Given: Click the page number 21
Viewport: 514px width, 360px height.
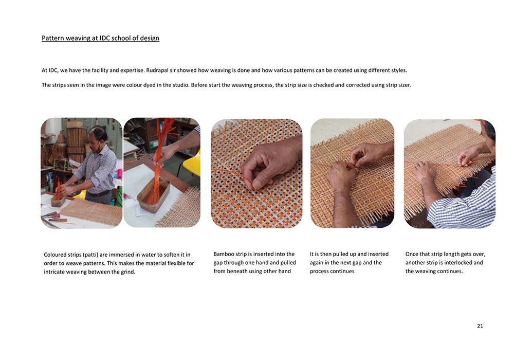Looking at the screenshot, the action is (x=480, y=326).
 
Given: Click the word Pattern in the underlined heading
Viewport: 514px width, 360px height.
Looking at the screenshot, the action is (x=53, y=38).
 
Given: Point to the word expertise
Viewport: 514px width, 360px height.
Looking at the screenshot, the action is (x=132, y=70).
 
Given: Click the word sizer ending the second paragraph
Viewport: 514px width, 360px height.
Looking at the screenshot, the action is (x=404, y=85).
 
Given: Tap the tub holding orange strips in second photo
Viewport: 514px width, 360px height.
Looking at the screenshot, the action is (x=153, y=195).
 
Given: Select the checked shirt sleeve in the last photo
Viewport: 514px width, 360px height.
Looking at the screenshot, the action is (x=462, y=204).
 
